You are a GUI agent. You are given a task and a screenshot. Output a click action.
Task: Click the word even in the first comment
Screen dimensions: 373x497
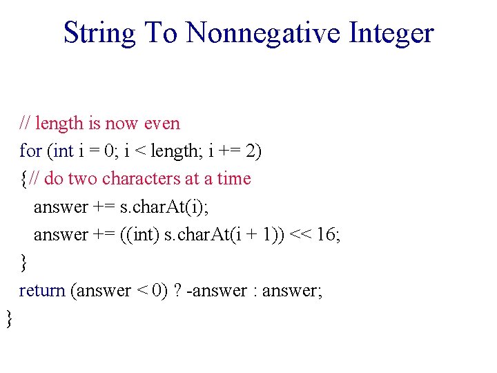(162, 124)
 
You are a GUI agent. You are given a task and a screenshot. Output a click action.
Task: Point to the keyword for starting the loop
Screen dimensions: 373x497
(30, 151)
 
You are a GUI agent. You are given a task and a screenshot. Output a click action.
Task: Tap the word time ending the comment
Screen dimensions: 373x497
(234, 179)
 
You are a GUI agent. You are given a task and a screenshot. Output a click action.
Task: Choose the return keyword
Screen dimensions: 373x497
(42, 290)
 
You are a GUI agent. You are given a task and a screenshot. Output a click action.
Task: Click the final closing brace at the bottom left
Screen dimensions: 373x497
(9, 318)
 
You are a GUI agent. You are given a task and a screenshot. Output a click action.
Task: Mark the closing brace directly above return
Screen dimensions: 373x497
(23, 262)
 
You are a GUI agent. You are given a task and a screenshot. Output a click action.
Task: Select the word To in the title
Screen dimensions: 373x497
(161, 32)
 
